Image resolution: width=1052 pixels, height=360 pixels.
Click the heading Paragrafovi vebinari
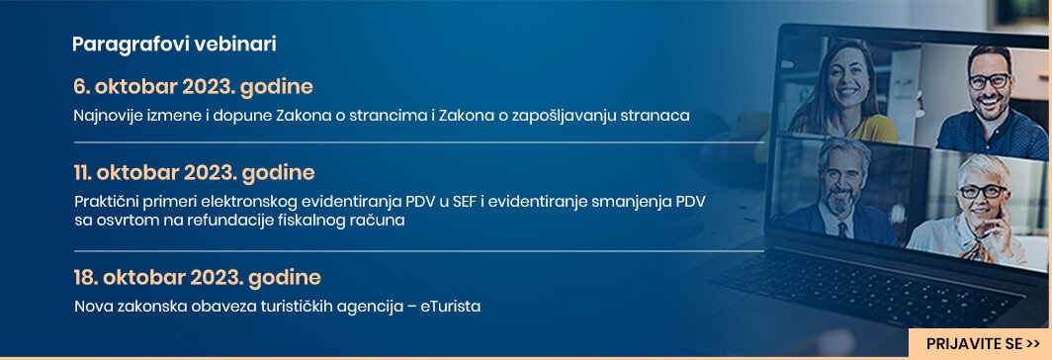(x=174, y=45)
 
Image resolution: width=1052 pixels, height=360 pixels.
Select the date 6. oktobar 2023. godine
(x=193, y=87)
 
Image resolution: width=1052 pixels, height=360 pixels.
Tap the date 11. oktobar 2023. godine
(x=194, y=173)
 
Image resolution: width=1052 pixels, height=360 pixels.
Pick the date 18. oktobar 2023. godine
(x=198, y=277)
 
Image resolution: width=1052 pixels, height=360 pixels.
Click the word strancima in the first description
(x=388, y=116)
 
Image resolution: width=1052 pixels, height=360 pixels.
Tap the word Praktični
(x=106, y=202)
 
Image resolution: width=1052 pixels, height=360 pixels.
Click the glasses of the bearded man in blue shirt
(x=989, y=80)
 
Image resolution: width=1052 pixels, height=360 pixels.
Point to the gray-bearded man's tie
(x=842, y=229)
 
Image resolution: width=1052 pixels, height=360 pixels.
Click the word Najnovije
(x=104, y=116)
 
